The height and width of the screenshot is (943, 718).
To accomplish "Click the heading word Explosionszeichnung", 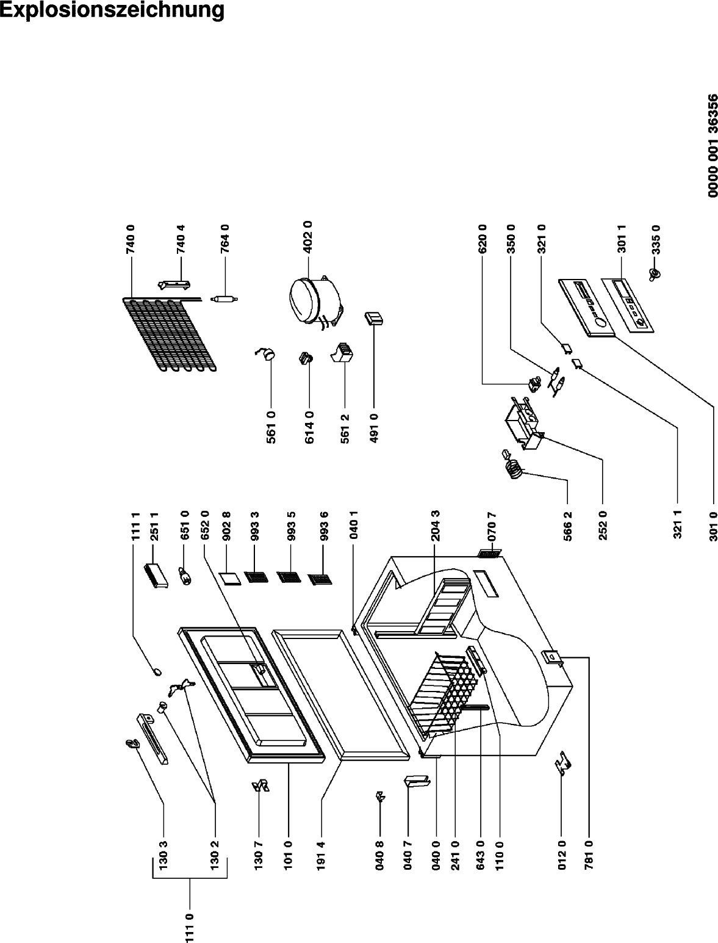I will (x=112, y=10).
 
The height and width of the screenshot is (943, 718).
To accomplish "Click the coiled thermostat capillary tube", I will (x=514, y=469).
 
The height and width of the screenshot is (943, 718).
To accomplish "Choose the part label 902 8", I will (x=226, y=526).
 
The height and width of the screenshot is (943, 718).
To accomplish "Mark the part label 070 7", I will (x=492, y=526).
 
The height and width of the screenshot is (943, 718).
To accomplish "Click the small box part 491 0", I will (x=373, y=318).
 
